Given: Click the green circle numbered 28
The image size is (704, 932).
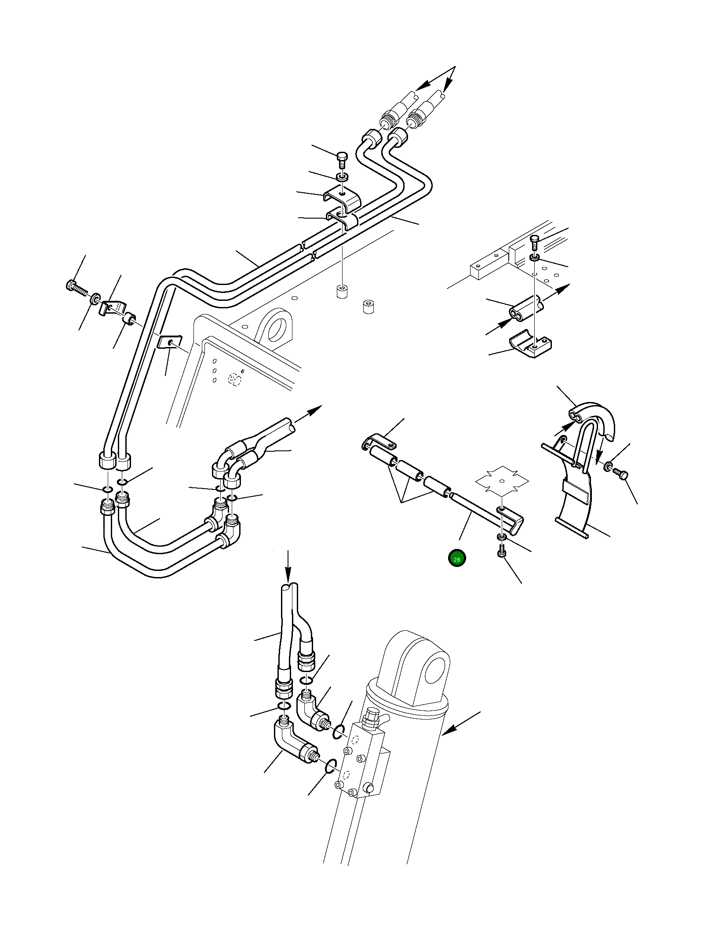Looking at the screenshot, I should click(456, 559).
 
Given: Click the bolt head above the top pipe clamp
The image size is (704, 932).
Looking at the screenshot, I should click(342, 157).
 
